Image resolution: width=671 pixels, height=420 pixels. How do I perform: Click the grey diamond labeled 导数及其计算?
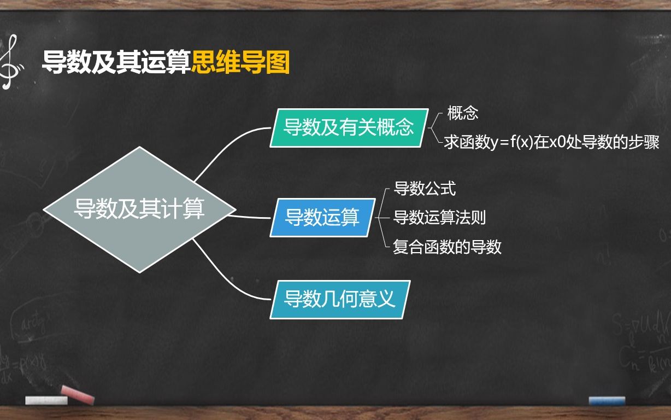click(139, 209)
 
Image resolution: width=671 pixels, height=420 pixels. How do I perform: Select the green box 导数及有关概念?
click(349, 128)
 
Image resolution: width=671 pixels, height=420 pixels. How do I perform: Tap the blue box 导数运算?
click(322, 218)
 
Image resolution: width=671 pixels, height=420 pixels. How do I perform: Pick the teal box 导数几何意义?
click(340, 300)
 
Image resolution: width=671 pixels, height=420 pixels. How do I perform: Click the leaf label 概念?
click(462, 113)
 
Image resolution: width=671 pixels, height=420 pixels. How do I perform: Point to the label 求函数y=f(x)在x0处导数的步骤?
click(551, 142)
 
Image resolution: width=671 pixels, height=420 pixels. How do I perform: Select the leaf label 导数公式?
click(425, 189)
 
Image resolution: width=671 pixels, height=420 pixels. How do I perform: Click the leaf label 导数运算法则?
click(439, 217)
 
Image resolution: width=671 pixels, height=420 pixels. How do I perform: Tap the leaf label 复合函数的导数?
click(447, 247)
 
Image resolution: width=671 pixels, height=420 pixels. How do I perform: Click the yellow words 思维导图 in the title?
click(240, 62)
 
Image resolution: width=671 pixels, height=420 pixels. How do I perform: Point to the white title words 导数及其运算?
click(116, 62)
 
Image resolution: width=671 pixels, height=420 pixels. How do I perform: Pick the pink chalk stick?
click(78, 394)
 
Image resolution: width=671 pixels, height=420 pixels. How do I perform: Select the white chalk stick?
click(46, 400)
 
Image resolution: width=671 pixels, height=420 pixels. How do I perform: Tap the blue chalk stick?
click(607, 401)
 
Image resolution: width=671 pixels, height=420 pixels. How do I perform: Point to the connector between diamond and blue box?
click(250, 217)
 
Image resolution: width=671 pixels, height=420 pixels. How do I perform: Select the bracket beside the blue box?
click(381, 218)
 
